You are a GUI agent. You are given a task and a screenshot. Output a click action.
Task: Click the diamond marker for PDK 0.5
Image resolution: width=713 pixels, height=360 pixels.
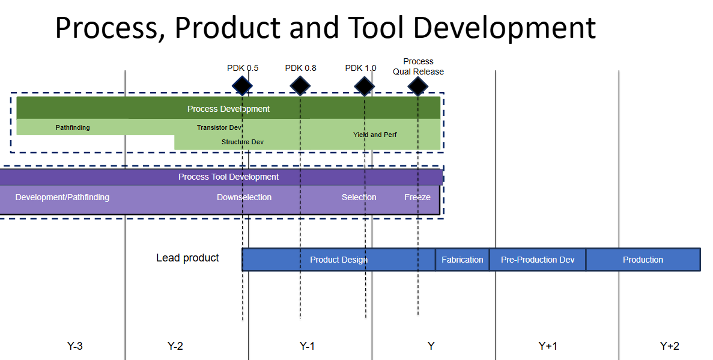point(242,86)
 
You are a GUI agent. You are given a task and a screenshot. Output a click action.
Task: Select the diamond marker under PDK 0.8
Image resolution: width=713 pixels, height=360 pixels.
point(300,86)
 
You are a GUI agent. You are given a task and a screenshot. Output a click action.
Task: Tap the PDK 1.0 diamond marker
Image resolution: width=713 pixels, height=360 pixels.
point(364,86)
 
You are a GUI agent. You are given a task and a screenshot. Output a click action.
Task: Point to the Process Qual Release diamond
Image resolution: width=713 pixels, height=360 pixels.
point(417,86)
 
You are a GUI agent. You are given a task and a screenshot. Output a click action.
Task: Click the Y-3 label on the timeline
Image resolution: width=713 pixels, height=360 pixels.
point(74,346)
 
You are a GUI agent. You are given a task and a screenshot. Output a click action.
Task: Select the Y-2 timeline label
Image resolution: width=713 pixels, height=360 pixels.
point(175,346)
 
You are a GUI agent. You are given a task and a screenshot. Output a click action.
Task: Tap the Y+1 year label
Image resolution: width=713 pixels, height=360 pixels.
point(547,346)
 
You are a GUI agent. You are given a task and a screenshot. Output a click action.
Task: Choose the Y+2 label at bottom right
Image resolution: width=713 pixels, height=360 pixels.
point(669,346)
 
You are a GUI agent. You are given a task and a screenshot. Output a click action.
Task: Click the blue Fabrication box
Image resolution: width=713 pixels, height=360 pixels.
point(462,260)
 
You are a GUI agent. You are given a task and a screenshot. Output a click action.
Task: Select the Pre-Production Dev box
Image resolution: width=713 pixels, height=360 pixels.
point(538,260)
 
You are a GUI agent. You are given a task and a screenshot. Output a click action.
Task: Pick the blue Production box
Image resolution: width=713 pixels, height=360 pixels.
point(643,260)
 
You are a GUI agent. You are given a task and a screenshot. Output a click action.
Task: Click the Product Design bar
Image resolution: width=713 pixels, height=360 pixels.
point(338,260)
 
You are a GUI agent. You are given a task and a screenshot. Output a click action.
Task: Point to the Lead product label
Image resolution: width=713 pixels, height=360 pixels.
point(187,258)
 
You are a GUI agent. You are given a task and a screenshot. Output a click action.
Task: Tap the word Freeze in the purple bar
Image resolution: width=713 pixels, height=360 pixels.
point(417,197)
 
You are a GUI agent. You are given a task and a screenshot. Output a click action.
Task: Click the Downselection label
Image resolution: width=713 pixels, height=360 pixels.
point(244,197)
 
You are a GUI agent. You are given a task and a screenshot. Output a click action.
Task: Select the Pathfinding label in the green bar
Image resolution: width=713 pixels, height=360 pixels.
point(73,127)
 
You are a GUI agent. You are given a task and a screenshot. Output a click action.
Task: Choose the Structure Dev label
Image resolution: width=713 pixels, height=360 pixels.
point(242,142)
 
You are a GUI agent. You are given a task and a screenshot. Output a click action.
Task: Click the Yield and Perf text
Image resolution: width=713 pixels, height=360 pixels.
point(375,135)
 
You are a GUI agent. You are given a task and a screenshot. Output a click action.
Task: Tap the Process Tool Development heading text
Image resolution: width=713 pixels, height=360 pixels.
point(228,177)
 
